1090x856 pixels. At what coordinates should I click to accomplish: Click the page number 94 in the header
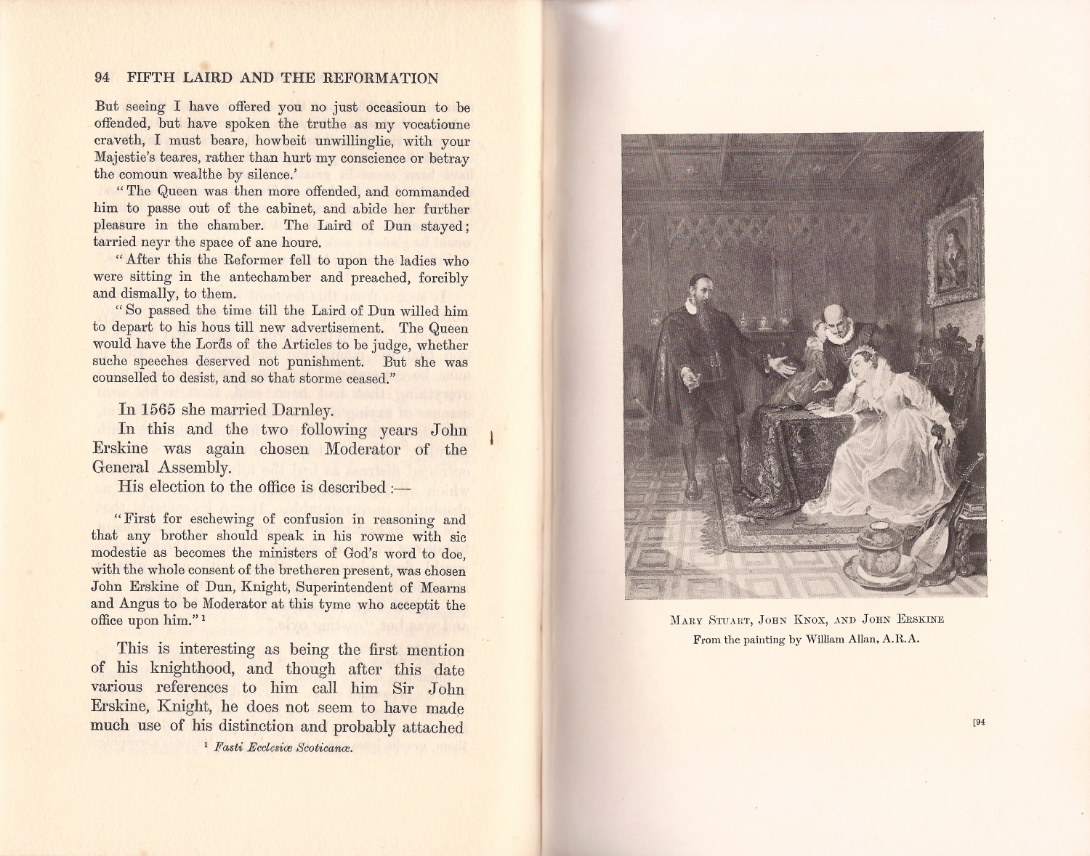click(102, 78)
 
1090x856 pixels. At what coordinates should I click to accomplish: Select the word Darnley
click(302, 411)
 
